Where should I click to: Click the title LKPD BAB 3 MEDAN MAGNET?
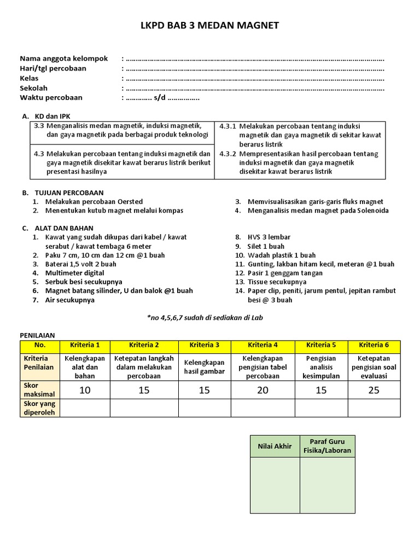[210, 25]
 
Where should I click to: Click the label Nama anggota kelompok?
[64, 59]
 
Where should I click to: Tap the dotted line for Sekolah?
[255, 88]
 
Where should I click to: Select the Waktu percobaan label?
[51, 98]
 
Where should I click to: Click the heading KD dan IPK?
[52, 116]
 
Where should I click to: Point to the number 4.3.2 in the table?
[227, 154]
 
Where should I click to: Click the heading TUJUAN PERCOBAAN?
[69, 193]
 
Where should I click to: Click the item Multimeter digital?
[75, 273]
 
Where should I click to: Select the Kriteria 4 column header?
[262, 345]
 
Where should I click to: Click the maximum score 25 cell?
[374, 390]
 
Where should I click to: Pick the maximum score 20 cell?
[262, 390]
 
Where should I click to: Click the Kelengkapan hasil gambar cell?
[205, 367]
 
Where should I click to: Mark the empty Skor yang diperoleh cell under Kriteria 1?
[85, 408]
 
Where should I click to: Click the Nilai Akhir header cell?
[275, 446]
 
